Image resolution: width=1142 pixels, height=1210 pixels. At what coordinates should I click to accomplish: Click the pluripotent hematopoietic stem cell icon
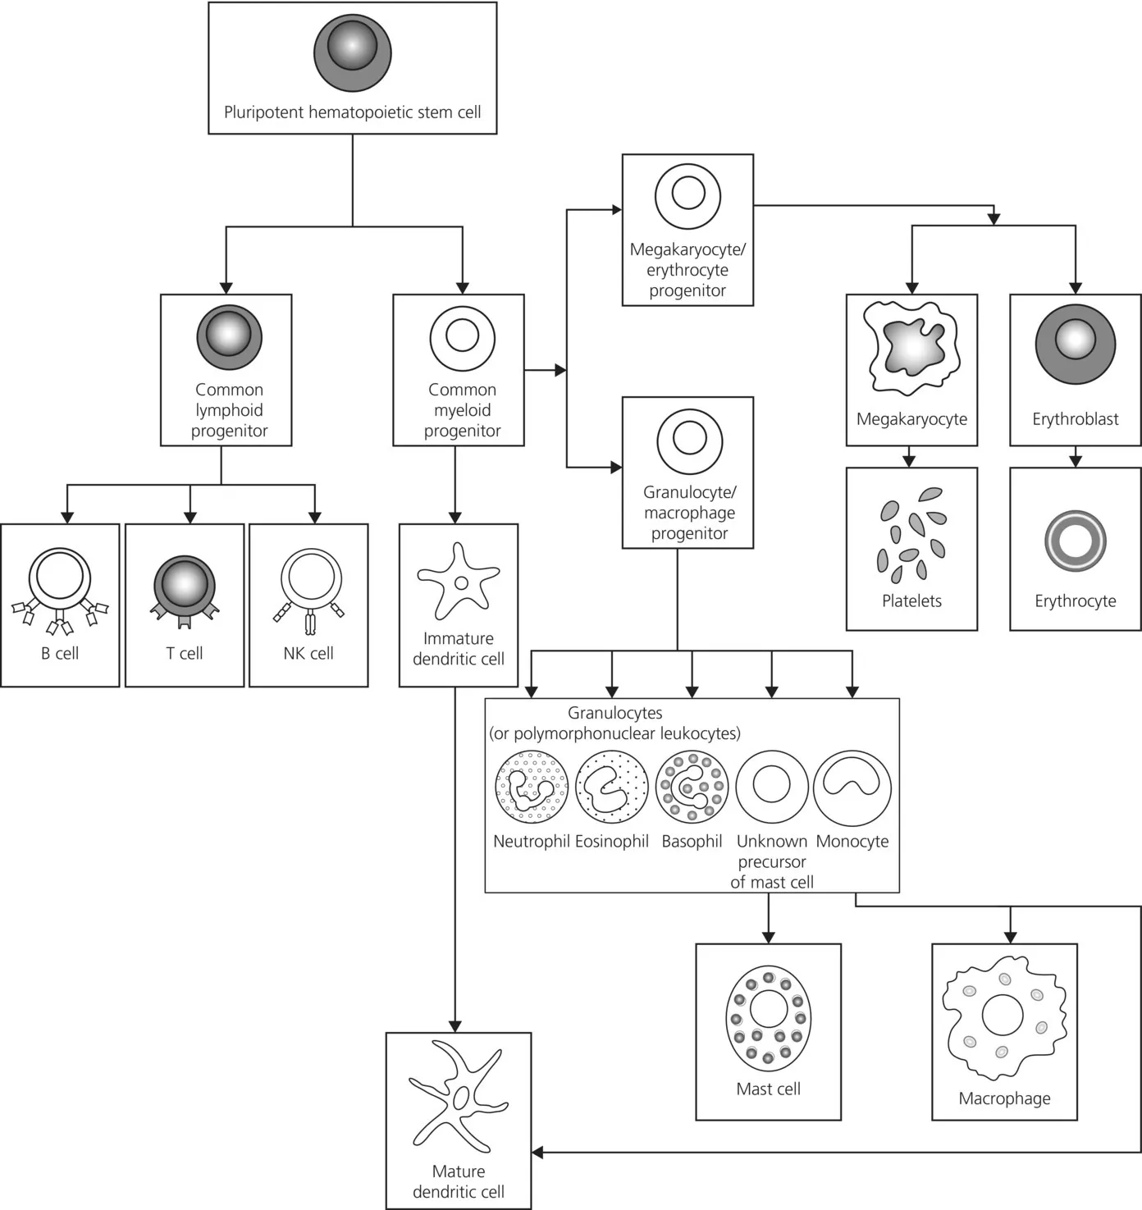(352, 53)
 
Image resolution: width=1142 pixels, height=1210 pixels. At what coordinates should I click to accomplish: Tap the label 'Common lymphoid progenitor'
(229, 410)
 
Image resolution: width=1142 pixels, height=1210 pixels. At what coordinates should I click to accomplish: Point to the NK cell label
(308, 653)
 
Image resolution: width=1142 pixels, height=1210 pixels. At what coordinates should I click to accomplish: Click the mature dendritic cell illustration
(459, 1095)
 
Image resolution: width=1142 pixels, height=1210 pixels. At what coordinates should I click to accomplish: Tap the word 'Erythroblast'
(1075, 419)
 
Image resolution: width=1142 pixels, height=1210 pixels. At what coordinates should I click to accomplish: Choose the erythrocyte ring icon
(1075, 541)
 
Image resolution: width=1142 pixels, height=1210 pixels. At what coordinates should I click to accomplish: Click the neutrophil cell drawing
(532, 786)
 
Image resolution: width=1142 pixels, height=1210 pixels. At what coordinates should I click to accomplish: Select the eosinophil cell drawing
(606, 786)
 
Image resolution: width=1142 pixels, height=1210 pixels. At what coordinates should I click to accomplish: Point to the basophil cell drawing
(692, 786)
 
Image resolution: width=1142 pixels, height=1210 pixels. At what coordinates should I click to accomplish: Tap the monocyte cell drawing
(852, 786)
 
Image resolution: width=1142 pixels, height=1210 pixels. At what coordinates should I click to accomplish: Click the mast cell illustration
(768, 1017)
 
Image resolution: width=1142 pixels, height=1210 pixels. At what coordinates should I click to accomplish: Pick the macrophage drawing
(1004, 1017)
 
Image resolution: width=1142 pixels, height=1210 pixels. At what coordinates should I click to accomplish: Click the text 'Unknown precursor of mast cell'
(772, 861)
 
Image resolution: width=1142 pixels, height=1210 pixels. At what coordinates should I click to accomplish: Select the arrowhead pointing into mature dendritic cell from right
(538, 1153)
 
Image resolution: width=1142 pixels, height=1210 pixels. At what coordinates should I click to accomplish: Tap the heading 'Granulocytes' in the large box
(614, 713)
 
